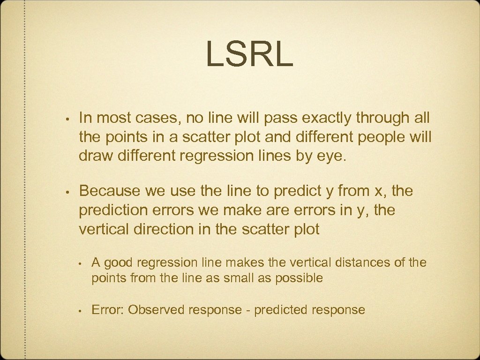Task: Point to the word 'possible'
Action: pos(300,278)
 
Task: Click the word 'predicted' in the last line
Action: pos(279,310)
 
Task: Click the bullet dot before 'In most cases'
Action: pos(68,119)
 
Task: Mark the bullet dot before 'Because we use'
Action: pos(68,191)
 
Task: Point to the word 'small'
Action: pos(239,278)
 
